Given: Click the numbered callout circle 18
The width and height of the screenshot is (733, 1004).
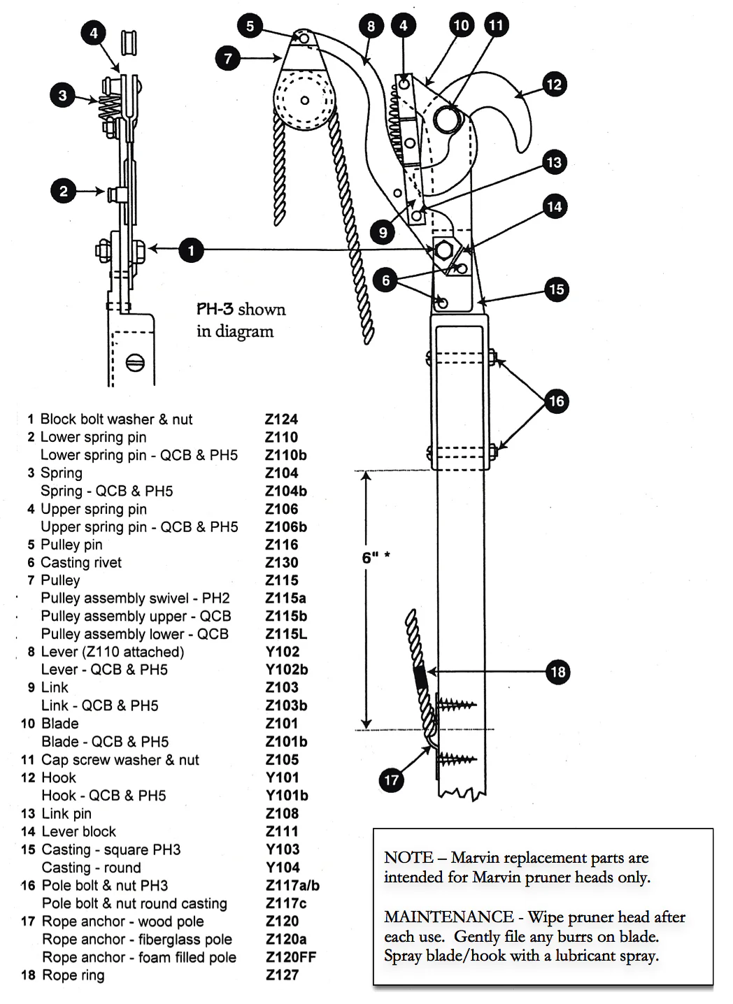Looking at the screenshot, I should (557, 672).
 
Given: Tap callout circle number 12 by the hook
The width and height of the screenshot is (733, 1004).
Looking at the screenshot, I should (554, 85).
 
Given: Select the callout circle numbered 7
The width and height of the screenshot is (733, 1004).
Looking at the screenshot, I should (228, 58).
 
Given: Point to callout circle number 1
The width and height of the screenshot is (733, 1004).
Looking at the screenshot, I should (191, 250).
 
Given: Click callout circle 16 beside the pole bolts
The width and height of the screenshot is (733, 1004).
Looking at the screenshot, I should (557, 401).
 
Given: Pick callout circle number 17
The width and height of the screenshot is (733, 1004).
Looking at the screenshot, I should (391, 780).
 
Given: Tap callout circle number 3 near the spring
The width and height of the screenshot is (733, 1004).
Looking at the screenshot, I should (63, 95).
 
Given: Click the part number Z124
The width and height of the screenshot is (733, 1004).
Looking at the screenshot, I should (281, 419).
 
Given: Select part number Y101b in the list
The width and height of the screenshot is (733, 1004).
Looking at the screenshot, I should (287, 796).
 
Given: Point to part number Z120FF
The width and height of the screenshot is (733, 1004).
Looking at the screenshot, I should (291, 957).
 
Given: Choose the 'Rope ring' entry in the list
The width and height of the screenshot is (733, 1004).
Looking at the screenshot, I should (73, 975).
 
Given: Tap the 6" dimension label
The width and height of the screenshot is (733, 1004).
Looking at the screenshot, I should (371, 558).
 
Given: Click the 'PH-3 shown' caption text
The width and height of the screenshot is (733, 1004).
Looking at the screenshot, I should (241, 310).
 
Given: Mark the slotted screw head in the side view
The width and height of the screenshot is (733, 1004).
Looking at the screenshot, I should (136, 363).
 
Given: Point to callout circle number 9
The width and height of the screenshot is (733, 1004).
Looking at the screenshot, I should (383, 233).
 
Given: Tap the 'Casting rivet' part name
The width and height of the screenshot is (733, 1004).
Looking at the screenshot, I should (81, 563).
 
